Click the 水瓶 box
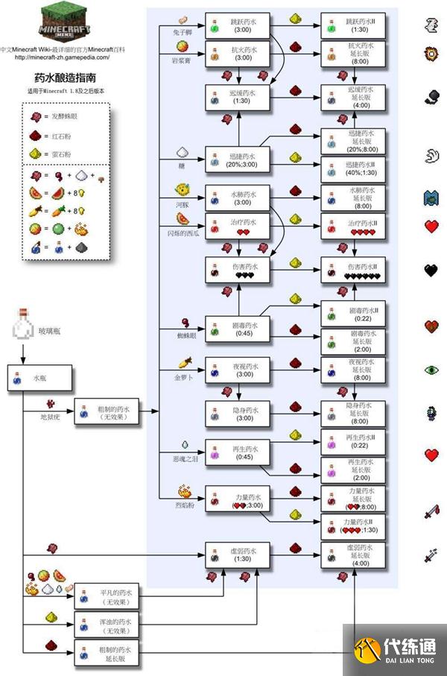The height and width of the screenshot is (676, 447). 39,378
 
